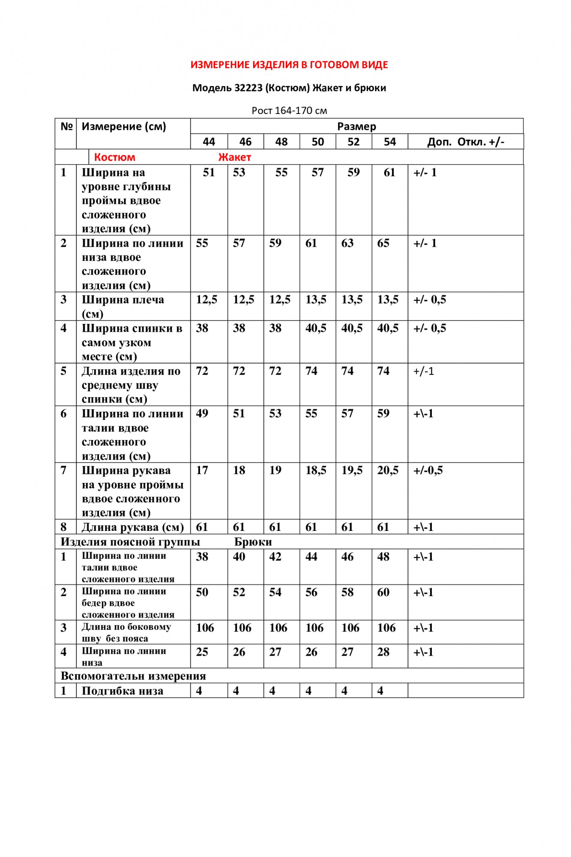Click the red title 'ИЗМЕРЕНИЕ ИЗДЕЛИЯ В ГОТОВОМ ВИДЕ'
pos(289,65)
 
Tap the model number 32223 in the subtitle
pos(248,88)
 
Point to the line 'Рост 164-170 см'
pos(289,111)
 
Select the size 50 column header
pos(317,142)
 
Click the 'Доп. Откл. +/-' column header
pos(466,142)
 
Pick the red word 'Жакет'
pos(234,157)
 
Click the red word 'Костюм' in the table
pos(114,157)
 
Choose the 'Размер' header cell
pos(356,126)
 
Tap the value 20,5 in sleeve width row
pos(388,470)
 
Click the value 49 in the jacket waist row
pos(202,414)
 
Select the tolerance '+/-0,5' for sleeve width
pos(428,470)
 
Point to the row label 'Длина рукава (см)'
pos(133,527)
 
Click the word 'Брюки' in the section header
pos(253,542)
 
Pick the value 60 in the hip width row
pos(383,593)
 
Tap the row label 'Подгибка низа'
pos(123,691)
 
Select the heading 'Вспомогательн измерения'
pos(133,676)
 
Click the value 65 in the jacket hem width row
pos(383,243)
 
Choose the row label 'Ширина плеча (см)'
pos(123,306)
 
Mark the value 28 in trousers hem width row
pos(383,652)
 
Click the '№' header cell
pos(66,126)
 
